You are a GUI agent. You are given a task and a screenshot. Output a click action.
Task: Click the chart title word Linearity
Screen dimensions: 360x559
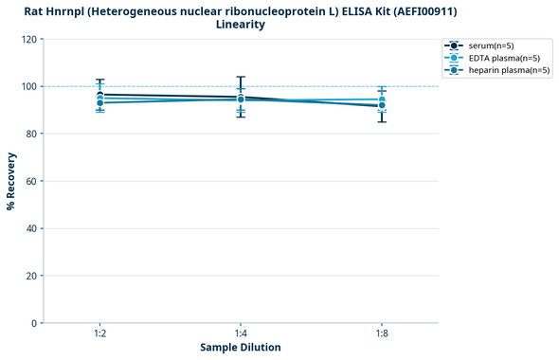click(x=241, y=25)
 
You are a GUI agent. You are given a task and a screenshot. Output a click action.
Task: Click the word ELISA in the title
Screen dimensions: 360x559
click(x=356, y=10)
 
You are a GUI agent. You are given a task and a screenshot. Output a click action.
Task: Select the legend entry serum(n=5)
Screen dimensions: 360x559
click(x=490, y=45)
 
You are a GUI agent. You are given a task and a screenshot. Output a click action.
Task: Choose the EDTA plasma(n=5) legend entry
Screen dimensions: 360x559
click(x=497, y=58)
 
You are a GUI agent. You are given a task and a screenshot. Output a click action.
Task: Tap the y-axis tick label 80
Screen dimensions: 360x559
click(x=30, y=134)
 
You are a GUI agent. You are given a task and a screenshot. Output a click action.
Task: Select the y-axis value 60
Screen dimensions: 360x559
click(x=30, y=181)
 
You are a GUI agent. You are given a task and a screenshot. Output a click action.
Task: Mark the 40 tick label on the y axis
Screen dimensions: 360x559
click(x=30, y=228)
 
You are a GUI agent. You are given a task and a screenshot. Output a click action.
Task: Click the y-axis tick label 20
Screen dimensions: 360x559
click(x=30, y=276)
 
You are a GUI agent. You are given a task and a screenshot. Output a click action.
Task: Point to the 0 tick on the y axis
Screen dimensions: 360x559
click(x=33, y=323)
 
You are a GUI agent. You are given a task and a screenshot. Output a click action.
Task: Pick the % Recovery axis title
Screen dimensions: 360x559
click(x=11, y=180)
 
